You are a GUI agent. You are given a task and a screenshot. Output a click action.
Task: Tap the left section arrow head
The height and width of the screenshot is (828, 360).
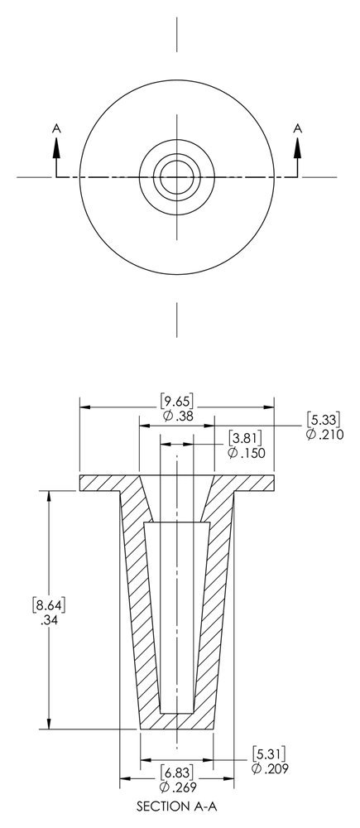[56, 146]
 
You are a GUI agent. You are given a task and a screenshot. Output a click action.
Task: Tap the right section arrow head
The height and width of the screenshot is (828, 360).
[297, 146]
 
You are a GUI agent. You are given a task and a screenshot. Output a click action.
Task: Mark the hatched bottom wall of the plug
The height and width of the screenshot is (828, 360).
[176, 720]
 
